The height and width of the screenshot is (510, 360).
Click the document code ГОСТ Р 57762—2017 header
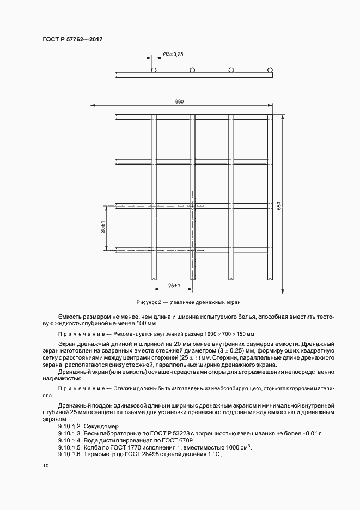point(72,39)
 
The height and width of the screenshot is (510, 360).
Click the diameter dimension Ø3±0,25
point(173,54)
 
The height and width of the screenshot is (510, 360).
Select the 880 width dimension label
point(180,102)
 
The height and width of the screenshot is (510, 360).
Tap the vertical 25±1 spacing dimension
point(102,227)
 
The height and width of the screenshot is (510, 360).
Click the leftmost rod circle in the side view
point(154,70)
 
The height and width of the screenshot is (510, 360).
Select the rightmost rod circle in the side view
point(270,70)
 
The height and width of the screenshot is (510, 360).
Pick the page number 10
point(45,466)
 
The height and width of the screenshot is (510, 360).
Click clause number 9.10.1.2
point(69,426)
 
